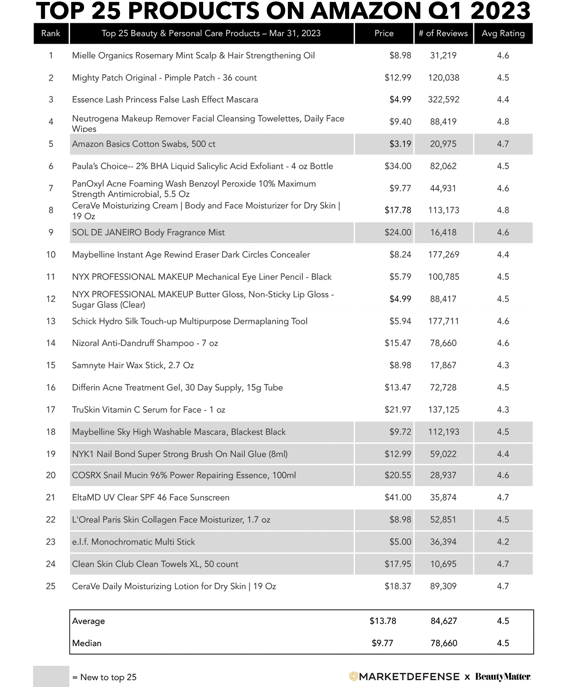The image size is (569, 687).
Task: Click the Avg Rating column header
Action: click(503, 33)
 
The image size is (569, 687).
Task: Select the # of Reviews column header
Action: click(443, 33)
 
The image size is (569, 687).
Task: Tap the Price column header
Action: click(384, 33)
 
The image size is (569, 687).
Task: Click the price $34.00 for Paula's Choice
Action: click(398, 166)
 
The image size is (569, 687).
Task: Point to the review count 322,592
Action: click(443, 100)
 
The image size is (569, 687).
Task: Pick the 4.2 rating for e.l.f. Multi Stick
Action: click(503, 542)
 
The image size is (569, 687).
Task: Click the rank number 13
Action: click(51, 321)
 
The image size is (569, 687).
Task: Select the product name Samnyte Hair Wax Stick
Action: click(133, 365)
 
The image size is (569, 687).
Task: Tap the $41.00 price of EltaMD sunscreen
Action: click(398, 498)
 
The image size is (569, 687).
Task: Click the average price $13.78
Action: click(383, 621)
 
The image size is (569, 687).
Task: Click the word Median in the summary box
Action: click(87, 643)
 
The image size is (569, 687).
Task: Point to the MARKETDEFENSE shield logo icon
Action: click(353, 677)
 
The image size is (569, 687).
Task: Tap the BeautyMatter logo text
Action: click(503, 677)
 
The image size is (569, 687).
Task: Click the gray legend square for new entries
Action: click(51, 676)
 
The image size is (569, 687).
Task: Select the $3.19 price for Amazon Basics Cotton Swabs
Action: click(400, 144)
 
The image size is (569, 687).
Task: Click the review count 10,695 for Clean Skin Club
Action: click(443, 564)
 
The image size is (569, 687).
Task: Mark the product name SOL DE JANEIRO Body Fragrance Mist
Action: click(148, 233)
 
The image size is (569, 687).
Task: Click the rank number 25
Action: click(51, 586)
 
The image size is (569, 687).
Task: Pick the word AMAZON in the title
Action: click(365, 11)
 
